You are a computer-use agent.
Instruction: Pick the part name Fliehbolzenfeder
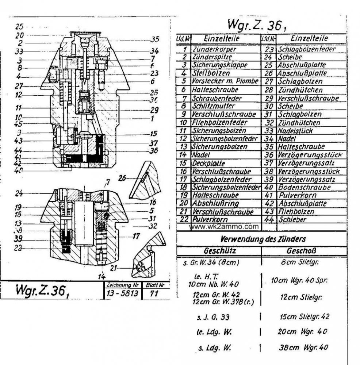coord(219,122)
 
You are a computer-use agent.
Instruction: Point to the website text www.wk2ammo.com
coord(224,227)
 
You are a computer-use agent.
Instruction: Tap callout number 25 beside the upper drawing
coord(19,27)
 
